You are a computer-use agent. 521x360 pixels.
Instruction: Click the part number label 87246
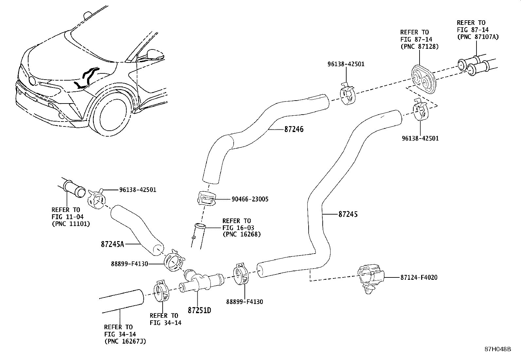pos(294,129)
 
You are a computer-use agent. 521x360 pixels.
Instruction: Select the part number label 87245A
pos(113,244)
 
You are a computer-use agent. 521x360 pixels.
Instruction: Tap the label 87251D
pos(199,310)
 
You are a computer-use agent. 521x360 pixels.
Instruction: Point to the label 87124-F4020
pos(419,277)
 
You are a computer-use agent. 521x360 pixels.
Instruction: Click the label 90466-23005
pos(250,199)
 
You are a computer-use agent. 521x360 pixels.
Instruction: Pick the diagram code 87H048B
pos(497,349)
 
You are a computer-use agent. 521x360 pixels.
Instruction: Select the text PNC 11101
pos(70,224)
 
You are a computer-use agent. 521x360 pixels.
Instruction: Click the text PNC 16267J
pos(125,341)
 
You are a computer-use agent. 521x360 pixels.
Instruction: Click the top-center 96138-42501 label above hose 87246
pos(346,64)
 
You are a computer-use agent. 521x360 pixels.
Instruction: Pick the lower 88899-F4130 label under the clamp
pos(244,302)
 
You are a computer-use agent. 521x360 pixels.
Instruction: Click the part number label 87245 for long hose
pos(348,214)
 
